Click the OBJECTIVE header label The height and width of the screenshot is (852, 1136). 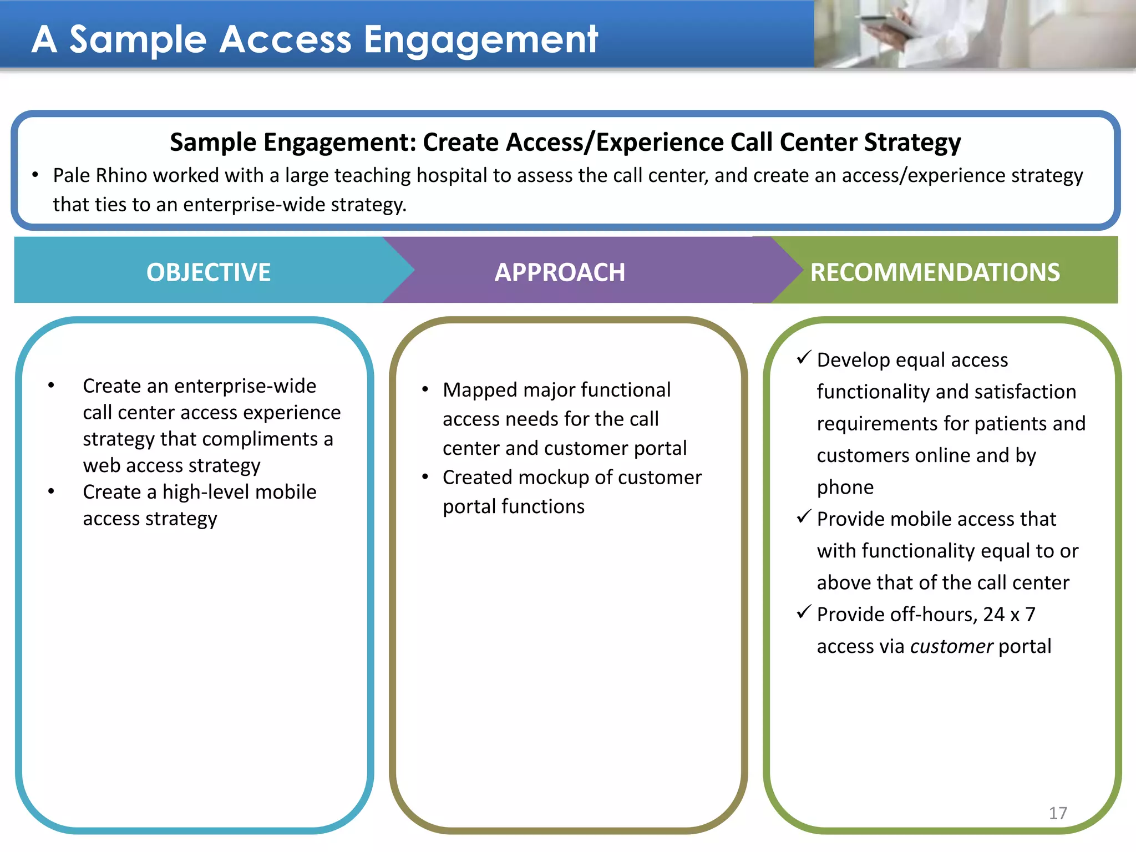click(x=209, y=272)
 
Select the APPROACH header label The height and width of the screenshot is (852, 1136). click(x=560, y=272)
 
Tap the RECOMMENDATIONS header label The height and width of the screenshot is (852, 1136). click(x=935, y=272)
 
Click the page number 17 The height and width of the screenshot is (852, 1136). click(x=1058, y=813)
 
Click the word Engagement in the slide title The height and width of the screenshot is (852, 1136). click(x=480, y=40)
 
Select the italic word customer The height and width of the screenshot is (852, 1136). click(x=951, y=646)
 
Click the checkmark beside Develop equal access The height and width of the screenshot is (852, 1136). click(x=804, y=358)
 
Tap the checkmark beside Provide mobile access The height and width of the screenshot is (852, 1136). click(x=804, y=517)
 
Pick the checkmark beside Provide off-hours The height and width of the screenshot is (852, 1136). click(x=804, y=612)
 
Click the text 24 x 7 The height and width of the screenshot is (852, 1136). click(x=1009, y=615)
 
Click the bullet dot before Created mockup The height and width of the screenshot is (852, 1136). click(x=425, y=477)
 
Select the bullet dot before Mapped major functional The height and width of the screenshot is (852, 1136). click(x=425, y=389)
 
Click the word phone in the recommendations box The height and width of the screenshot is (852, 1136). click(x=845, y=487)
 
